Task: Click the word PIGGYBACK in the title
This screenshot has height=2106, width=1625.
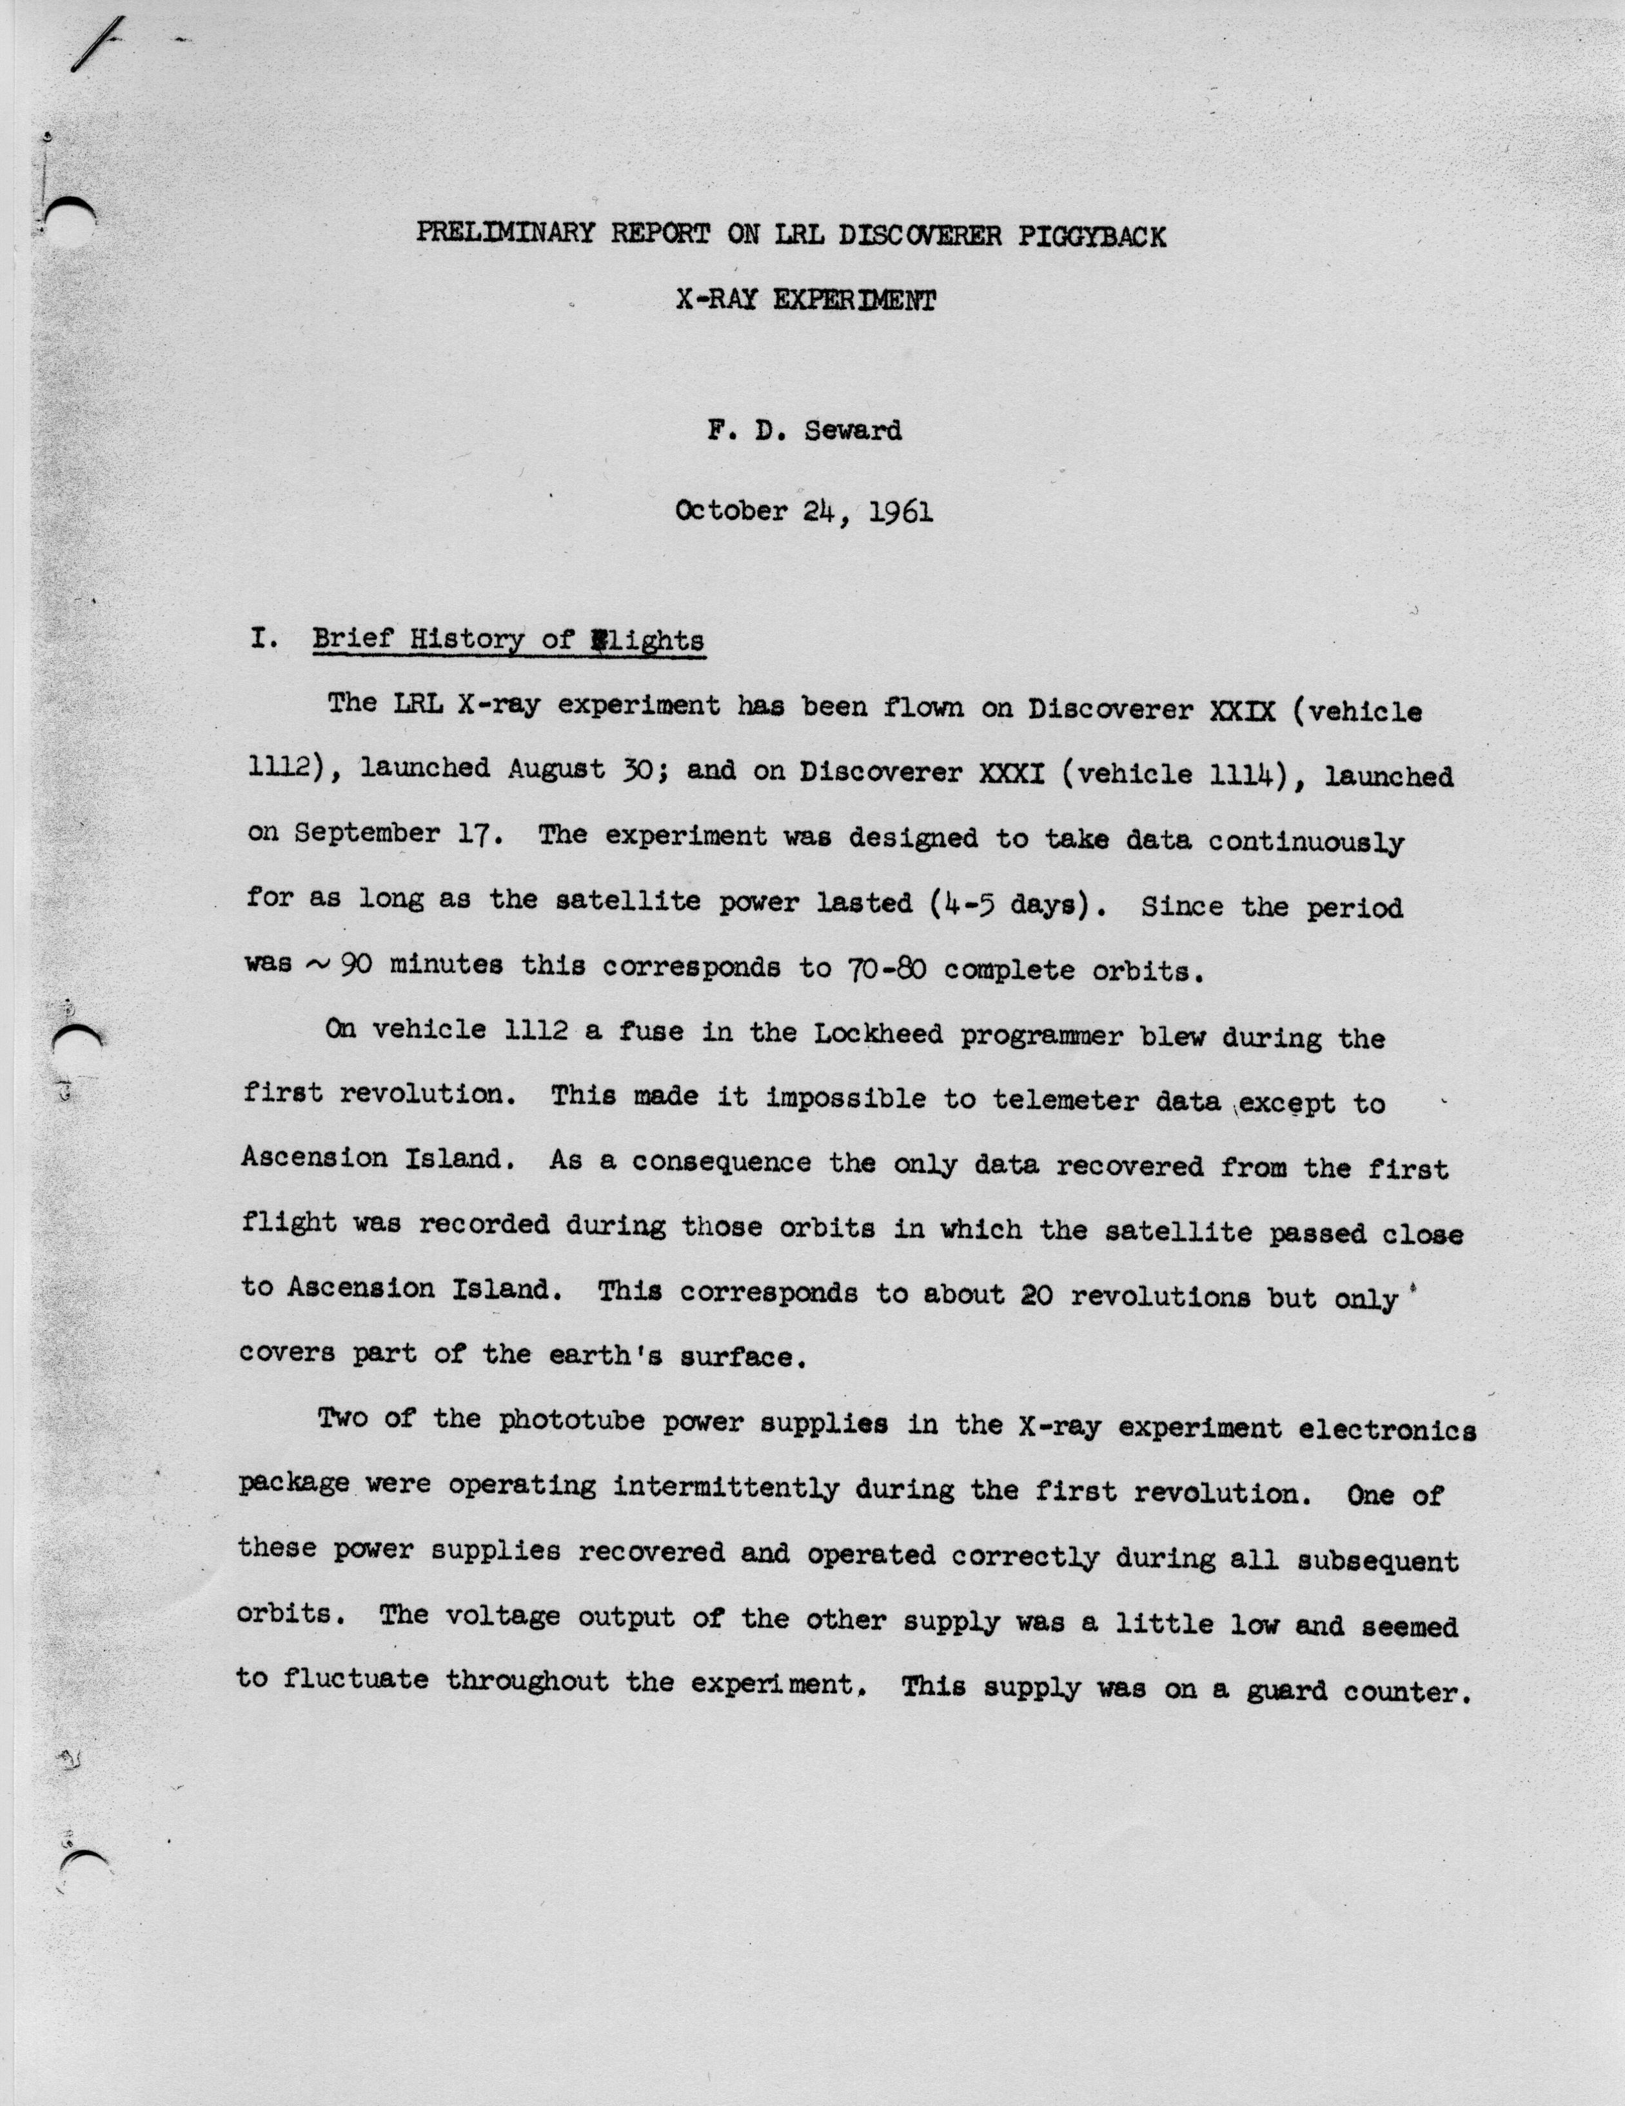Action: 1091,236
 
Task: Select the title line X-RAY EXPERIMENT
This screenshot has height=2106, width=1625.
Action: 805,300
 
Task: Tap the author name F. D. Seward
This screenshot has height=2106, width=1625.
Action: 805,430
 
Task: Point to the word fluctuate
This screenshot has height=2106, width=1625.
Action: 355,1680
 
